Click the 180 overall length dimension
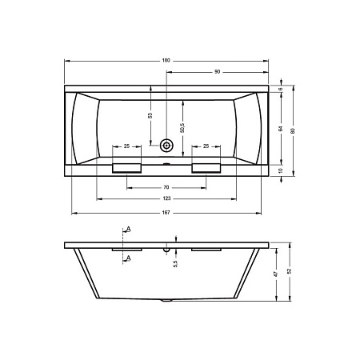coord(166,61)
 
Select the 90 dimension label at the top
coord(218,72)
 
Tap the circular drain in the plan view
coord(166,146)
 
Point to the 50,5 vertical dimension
coord(182,128)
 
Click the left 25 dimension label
coord(126,146)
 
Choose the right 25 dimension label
coord(206,146)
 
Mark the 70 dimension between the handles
coord(166,187)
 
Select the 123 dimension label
coord(166,198)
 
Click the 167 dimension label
coord(166,213)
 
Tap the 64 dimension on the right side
coord(281,129)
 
